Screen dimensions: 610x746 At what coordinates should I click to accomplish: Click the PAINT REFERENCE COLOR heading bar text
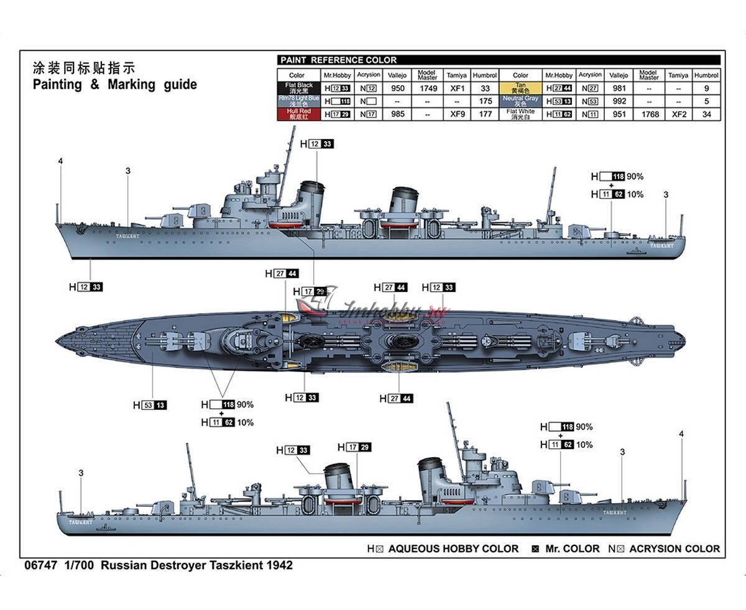(x=338, y=60)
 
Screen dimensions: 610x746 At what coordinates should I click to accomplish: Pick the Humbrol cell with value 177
(x=485, y=114)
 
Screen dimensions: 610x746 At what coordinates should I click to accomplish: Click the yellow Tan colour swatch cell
(x=520, y=89)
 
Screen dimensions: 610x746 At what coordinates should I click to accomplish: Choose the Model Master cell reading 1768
(x=648, y=114)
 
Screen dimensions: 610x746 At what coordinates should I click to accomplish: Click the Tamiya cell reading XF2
(x=678, y=114)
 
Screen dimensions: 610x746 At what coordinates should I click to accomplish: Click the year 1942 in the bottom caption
(x=279, y=566)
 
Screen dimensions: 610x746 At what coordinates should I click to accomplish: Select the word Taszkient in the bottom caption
(x=241, y=566)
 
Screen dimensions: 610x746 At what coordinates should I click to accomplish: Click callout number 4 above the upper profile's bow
(x=60, y=162)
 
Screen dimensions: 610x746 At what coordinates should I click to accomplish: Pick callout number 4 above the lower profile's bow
(x=681, y=434)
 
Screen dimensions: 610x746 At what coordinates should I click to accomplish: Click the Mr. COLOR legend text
(x=572, y=549)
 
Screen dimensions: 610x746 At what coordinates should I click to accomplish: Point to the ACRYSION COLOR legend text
(x=674, y=549)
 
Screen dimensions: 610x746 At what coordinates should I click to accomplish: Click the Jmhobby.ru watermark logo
(x=373, y=306)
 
